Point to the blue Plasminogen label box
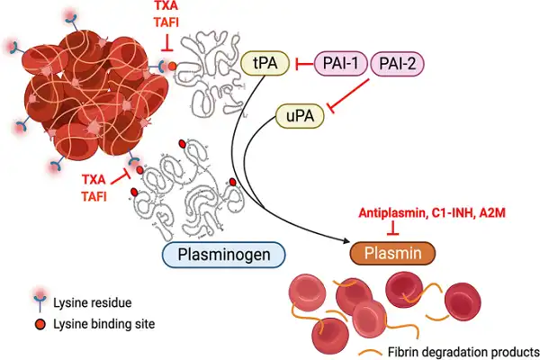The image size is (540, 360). [x=224, y=254]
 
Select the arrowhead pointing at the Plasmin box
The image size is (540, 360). [x=346, y=242]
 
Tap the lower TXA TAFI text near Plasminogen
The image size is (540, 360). [x=98, y=187]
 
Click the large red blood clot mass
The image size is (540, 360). [x=90, y=90]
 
